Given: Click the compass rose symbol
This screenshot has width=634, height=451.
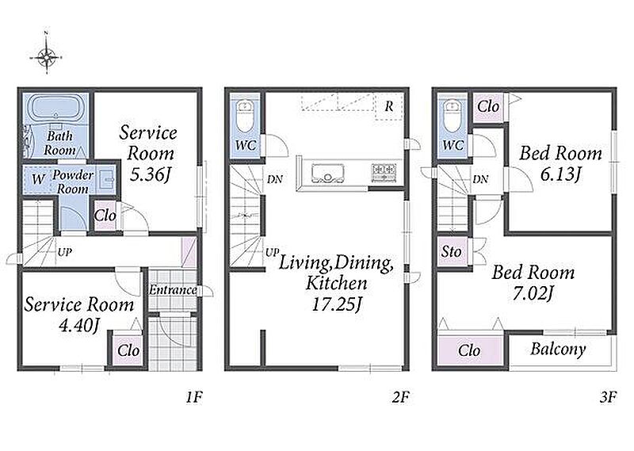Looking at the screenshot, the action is point(47,57).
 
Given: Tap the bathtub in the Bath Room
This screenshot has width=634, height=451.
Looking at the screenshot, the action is point(57,107).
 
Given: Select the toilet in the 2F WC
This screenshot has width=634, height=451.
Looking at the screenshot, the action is point(245,116).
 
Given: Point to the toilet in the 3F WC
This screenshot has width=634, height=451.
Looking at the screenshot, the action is point(452,116).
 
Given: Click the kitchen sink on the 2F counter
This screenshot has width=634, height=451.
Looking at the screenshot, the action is point(327,172).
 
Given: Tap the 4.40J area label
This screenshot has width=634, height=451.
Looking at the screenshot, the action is point(78,325).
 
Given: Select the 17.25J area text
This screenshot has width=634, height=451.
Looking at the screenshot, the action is point(336,304).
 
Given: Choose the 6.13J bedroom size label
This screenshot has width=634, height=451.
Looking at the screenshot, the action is point(560,174).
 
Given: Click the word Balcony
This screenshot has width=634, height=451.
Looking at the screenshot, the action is point(558,349).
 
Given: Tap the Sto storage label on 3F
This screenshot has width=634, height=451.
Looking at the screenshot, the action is point(451,251).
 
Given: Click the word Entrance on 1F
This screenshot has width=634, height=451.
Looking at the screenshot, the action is point(173,289).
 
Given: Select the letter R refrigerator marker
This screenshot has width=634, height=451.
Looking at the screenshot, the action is point(389,106).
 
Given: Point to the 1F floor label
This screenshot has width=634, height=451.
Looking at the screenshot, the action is point(194,397).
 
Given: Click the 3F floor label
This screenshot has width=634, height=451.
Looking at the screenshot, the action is point(608,397).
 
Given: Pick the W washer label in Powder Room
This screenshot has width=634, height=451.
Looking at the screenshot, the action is point(38,179).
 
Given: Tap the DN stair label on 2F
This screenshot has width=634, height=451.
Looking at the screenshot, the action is point(275,179).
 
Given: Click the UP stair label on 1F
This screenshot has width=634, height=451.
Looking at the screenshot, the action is point(65,252).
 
